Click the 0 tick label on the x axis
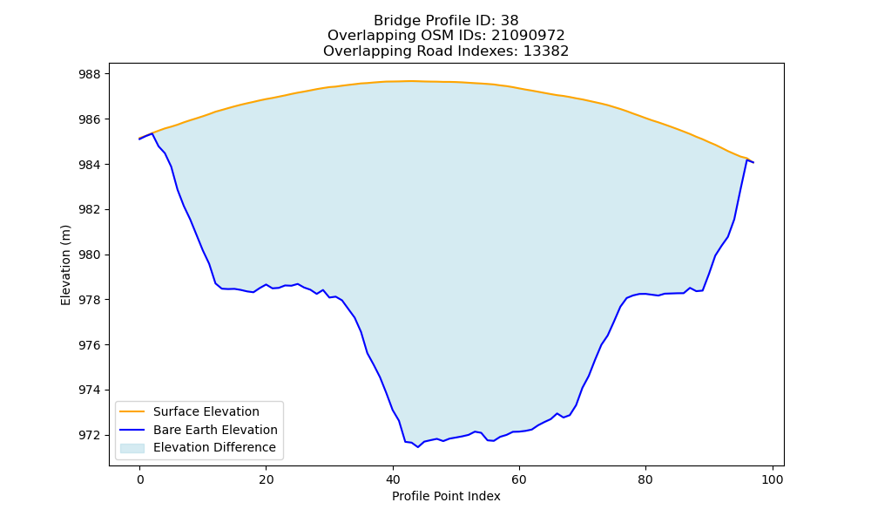click(x=140, y=479)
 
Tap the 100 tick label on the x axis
click(x=772, y=479)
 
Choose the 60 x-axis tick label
click(x=519, y=479)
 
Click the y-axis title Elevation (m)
click(x=65, y=265)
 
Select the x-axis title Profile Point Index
click(x=446, y=496)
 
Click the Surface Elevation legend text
click(x=206, y=411)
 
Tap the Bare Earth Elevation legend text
click(x=215, y=430)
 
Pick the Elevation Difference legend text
click(x=214, y=447)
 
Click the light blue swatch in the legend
click(x=132, y=448)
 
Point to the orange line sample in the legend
click(x=132, y=411)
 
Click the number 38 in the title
click(x=510, y=21)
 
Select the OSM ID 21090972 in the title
click(x=528, y=36)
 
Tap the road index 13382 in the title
click(x=546, y=51)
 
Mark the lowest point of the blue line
click(x=418, y=447)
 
